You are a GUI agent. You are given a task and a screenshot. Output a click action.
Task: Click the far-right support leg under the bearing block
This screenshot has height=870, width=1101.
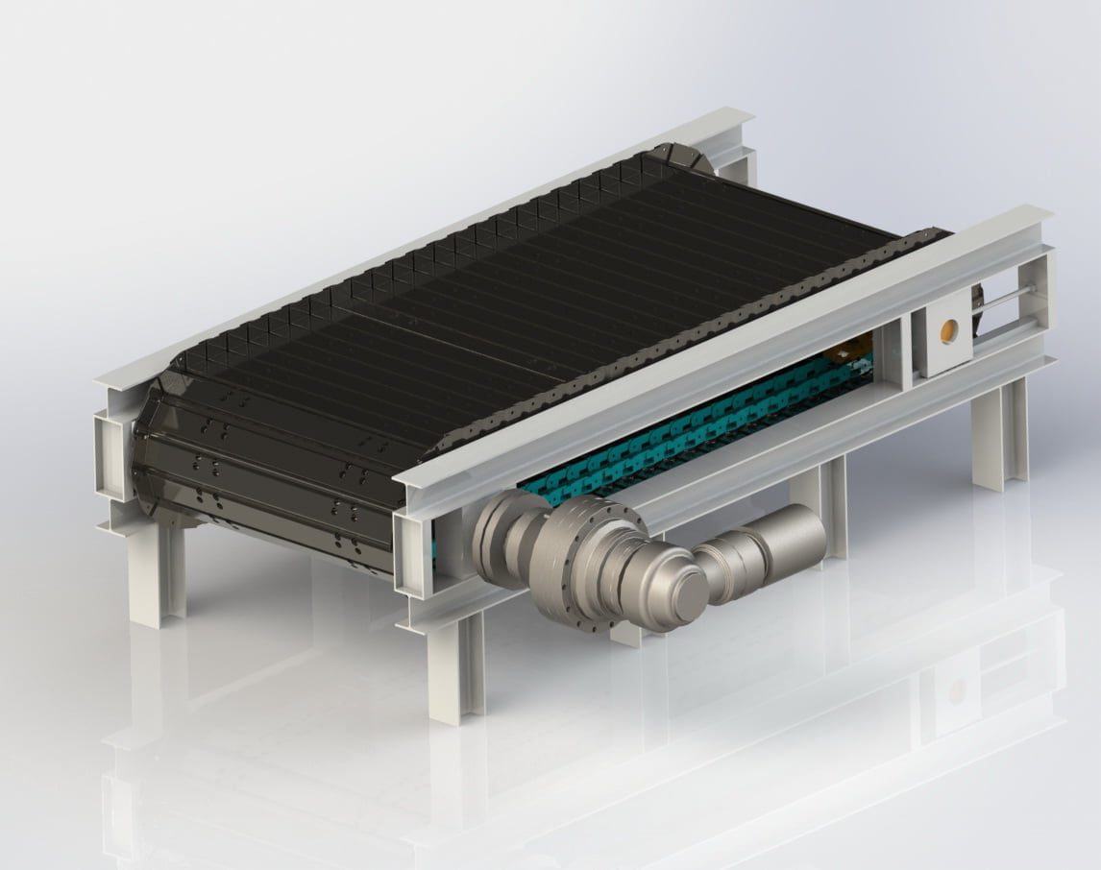coord(999,432)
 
